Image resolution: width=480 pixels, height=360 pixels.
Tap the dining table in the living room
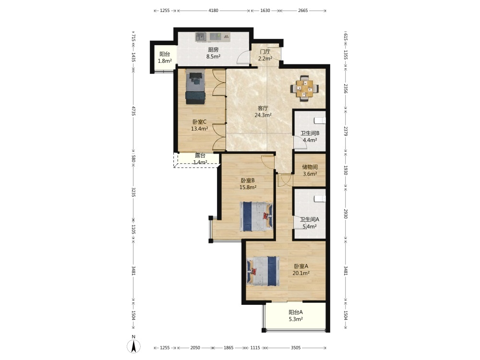tap(304, 88)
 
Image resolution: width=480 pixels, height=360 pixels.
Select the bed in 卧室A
tap(263, 271)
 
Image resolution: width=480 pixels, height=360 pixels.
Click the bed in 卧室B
tap(256, 216)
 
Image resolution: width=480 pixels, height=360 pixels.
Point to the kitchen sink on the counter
tap(201, 37)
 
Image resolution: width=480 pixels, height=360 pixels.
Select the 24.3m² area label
tap(263, 115)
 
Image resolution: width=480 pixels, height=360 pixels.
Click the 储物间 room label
tap(310, 167)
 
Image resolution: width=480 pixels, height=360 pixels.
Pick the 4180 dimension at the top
tap(214, 11)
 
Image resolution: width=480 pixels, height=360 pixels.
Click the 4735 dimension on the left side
tap(133, 111)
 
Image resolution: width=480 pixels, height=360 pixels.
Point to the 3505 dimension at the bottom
tap(296, 348)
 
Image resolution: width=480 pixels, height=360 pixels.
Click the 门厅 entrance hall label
tap(265, 51)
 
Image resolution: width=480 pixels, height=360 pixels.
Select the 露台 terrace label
tap(200, 156)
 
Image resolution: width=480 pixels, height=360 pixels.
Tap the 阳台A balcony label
tap(296, 312)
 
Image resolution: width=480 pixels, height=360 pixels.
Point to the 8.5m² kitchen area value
tap(214, 56)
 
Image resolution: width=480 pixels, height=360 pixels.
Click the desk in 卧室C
tap(195, 76)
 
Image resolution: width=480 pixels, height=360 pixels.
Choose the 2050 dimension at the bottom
tap(195, 348)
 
